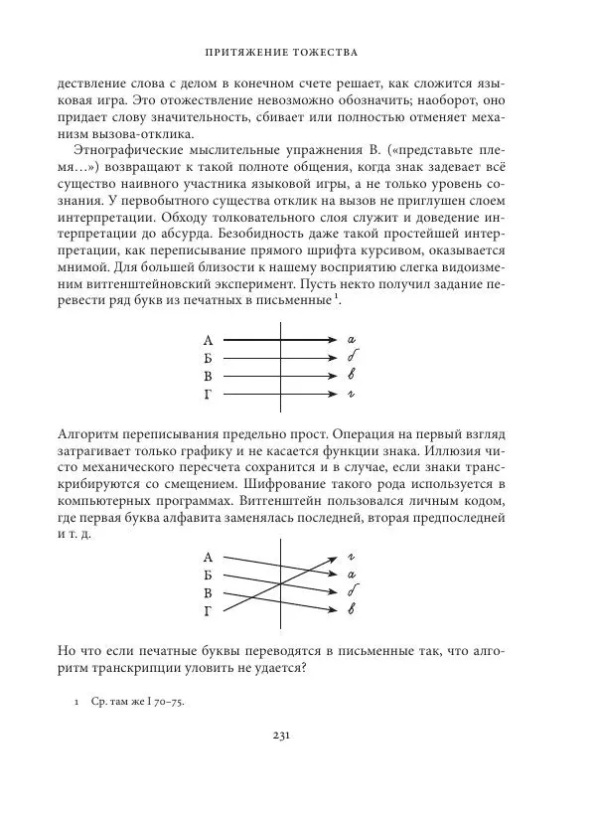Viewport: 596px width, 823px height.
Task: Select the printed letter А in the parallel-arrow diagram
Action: tap(208, 340)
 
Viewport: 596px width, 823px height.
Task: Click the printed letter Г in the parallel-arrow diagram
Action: tap(208, 395)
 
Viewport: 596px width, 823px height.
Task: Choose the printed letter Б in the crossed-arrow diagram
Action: tap(208, 575)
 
